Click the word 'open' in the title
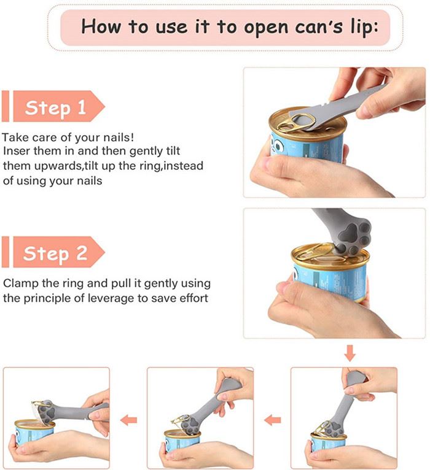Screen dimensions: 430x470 point(266,28)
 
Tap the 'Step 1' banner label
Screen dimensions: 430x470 point(56,107)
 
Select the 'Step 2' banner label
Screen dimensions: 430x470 point(55,253)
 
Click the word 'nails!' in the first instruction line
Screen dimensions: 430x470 point(119,137)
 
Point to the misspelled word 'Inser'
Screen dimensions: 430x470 point(17,151)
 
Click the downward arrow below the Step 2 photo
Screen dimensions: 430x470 point(350,353)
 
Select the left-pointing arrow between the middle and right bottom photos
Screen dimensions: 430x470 point(273,420)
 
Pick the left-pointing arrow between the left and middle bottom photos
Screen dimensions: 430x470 point(129,420)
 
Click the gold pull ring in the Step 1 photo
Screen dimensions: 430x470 point(295,123)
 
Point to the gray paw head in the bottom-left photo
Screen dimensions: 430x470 point(48,412)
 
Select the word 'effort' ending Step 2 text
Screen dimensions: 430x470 point(193,298)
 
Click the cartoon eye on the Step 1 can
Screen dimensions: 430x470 point(279,146)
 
